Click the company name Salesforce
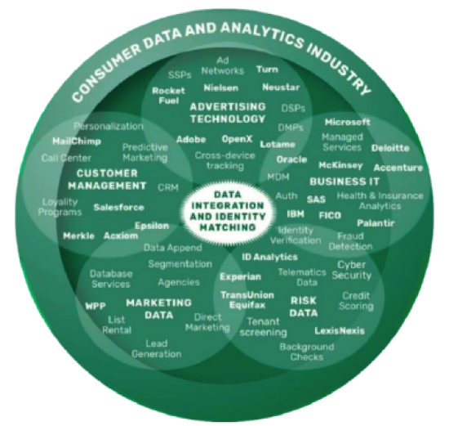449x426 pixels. pos(119,207)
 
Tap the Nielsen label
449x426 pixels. pos(220,87)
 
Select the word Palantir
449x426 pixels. pos(376,223)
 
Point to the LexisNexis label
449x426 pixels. pos(340,331)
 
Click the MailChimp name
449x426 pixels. pos(77,141)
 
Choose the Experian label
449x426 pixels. pos(240,276)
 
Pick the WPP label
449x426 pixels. pos(96,306)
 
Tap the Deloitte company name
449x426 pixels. pos(390,148)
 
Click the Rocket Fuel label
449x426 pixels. pos(169,96)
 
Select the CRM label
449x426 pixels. pos(168,187)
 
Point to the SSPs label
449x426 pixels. pos(180,75)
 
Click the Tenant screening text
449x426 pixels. pos(263,327)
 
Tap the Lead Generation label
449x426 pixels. pos(157,348)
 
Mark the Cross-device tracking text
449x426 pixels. pos(225,160)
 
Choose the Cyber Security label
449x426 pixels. pos(352,270)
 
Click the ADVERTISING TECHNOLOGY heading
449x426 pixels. pos(228,113)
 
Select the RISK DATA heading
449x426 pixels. pos(304,307)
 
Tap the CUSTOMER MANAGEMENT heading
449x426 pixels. pos(107,180)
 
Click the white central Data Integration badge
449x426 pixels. pos(228,211)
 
